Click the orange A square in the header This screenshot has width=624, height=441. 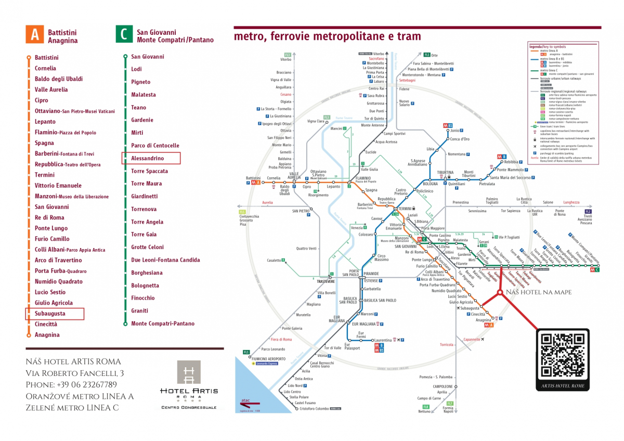coord(34,35)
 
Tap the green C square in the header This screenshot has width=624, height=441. coord(123,35)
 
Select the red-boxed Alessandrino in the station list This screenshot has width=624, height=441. coord(151,158)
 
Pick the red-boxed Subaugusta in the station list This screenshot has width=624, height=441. coord(55,314)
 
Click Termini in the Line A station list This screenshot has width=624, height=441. coord(45,175)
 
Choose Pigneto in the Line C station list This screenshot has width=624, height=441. coord(140,82)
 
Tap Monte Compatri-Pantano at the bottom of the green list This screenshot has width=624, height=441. coord(163,323)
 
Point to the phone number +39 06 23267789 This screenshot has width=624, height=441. coord(71,385)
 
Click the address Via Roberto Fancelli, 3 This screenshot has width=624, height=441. coord(75,373)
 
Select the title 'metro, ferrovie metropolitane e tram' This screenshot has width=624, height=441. coord(327,36)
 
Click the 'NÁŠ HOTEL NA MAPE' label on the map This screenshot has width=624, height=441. coord(539,292)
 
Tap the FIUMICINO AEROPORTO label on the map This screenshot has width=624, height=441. coord(268,359)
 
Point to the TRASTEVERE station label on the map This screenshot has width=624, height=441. coord(326,281)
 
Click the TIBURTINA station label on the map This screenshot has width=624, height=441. coord(446,172)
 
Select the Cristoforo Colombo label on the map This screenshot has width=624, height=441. coord(315,409)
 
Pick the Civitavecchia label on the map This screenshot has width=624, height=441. coord(249,216)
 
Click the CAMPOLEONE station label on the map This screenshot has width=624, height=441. coord(443,386)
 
